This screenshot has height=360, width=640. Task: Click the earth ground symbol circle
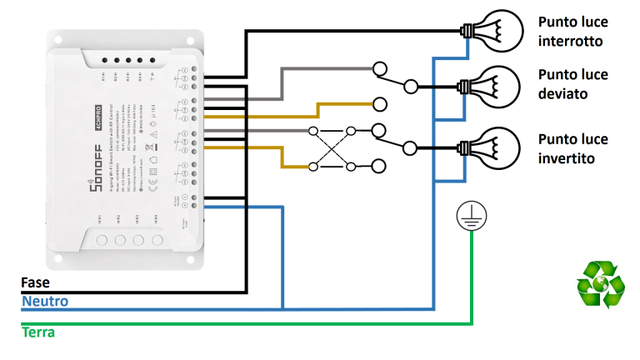click(469, 217)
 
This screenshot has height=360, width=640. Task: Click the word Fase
click(35, 283)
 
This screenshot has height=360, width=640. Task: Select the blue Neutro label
click(45, 302)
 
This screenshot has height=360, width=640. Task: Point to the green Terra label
click(38, 332)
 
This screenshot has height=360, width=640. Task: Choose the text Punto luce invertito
click(573, 148)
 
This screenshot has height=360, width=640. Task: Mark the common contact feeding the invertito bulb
click(409, 148)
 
